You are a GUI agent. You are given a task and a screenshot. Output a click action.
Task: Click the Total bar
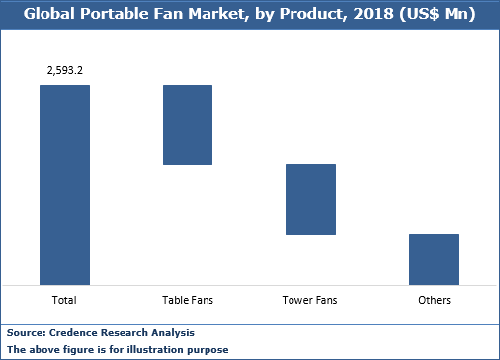(64, 184)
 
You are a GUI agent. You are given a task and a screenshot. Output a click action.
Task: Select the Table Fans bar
(188, 125)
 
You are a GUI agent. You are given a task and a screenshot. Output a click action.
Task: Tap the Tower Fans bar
(311, 200)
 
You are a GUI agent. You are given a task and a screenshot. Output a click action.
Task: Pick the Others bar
(434, 259)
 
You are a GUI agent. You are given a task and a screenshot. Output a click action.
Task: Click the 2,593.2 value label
(64, 71)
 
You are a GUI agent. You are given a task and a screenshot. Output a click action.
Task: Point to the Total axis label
(64, 299)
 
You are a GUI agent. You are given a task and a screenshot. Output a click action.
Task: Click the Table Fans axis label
(188, 299)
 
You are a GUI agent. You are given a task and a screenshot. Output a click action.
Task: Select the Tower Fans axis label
(311, 299)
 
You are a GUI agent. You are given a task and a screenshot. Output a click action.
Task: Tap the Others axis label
(434, 299)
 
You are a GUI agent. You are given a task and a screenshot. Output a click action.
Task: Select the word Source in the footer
(28, 333)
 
